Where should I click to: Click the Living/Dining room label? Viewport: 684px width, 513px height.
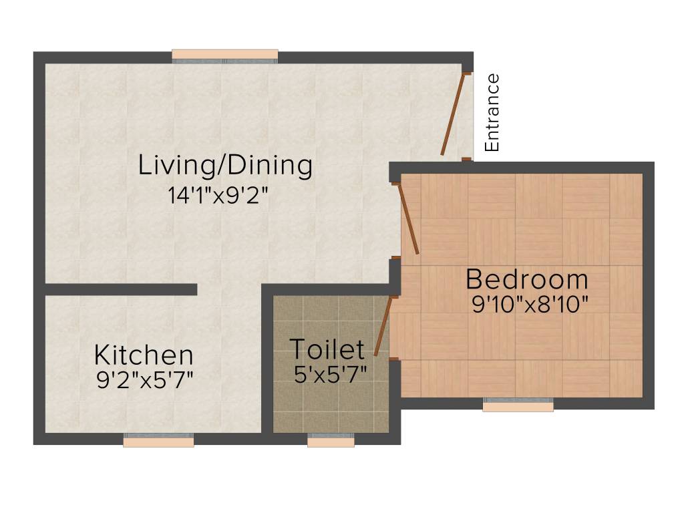(x=225, y=166)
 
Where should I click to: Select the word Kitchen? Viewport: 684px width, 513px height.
(x=144, y=355)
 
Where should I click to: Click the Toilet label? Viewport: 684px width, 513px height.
(x=327, y=349)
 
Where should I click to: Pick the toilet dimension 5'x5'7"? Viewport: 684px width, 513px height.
(x=330, y=373)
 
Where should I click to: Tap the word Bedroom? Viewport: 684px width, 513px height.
(x=527, y=279)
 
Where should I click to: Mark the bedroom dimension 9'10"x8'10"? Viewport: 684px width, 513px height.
(x=530, y=305)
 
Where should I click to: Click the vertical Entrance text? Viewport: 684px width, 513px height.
(x=492, y=112)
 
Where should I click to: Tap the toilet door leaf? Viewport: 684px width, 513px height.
(x=382, y=326)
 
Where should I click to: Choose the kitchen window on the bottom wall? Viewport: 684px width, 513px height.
(x=158, y=440)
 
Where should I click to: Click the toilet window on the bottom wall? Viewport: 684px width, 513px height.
(x=331, y=440)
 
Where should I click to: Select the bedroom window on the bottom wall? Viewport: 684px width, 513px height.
(x=518, y=404)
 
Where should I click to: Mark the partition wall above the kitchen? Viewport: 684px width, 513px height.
(x=120, y=289)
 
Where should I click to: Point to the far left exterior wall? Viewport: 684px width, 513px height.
(x=39, y=247)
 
